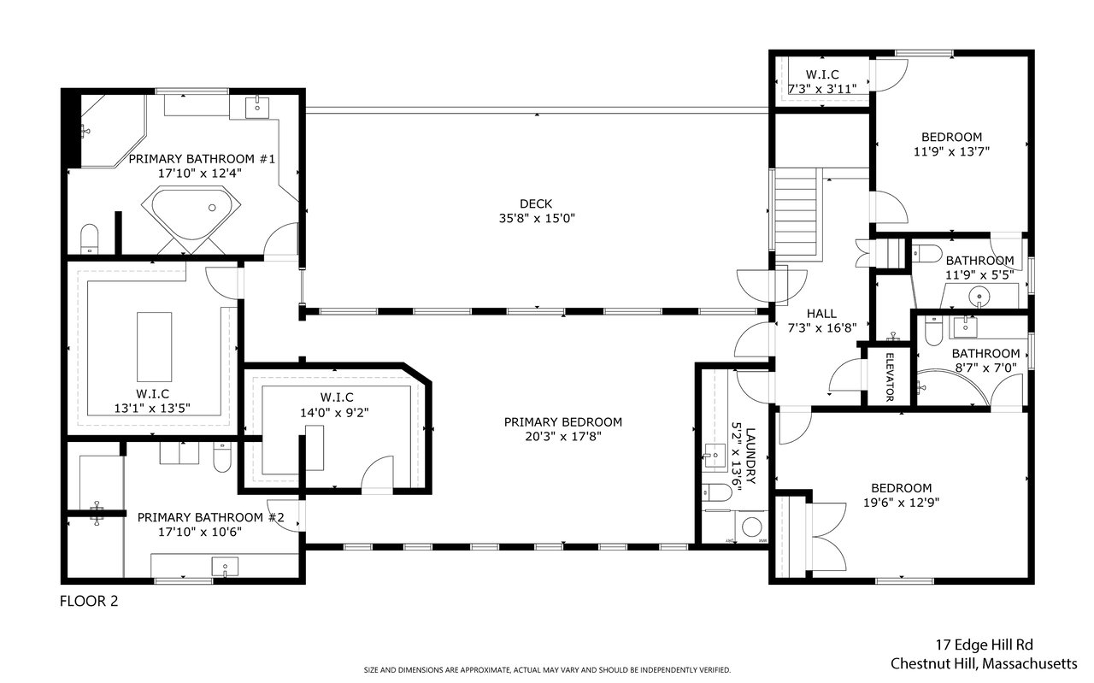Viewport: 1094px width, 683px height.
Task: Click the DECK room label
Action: (536, 203)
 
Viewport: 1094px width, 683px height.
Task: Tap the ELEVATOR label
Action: (889, 377)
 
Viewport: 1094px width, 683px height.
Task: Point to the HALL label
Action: (821, 314)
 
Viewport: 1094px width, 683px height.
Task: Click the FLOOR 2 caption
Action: (89, 601)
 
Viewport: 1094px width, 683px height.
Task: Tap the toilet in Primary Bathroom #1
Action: (90, 238)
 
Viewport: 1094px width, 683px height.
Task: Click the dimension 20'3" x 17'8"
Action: (562, 436)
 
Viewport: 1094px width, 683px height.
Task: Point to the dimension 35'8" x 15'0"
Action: (537, 218)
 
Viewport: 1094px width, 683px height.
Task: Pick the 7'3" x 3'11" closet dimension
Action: (822, 89)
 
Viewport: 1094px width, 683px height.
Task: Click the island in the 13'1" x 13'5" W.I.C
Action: (154, 347)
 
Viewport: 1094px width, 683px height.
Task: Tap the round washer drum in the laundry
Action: (751, 527)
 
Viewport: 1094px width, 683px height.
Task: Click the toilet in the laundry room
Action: (716, 492)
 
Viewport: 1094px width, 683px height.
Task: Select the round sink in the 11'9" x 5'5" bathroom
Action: (979, 296)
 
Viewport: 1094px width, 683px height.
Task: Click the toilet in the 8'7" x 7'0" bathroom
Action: (932, 332)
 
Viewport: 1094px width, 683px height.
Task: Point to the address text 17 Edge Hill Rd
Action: (984, 645)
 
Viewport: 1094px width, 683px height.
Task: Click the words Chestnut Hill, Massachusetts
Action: (984, 663)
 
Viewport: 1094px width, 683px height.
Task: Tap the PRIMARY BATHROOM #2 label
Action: (210, 517)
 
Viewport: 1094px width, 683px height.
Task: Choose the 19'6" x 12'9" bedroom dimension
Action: (901, 503)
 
